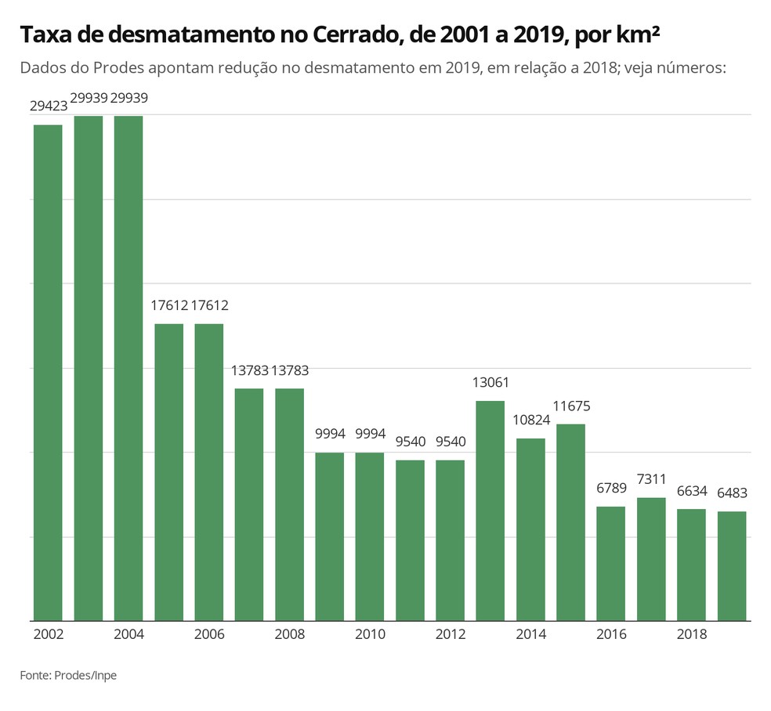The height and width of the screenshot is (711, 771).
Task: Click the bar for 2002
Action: tap(48, 372)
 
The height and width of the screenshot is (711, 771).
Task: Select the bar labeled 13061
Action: tap(490, 510)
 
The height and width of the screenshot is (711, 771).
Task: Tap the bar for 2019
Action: tap(732, 565)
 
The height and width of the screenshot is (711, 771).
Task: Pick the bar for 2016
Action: tap(611, 563)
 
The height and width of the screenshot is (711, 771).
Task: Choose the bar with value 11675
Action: tap(571, 522)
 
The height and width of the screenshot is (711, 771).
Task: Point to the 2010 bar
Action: tap(370, 536)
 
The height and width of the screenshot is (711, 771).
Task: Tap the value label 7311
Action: tap(651, 480)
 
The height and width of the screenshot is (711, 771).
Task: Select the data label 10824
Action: tap(530, 420)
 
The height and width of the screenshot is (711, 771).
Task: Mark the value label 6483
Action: tap(732, 493)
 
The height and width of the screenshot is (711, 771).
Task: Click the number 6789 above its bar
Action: tap(611, 489)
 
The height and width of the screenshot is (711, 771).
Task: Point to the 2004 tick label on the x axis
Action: tap(128, 634)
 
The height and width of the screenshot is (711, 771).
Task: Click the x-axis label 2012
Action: tap(451, 634)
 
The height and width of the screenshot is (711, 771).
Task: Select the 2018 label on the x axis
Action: tap(692, 634)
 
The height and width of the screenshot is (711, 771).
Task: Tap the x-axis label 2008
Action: tap(289, 634)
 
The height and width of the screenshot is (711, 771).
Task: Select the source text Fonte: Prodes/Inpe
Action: tap(68, 675)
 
